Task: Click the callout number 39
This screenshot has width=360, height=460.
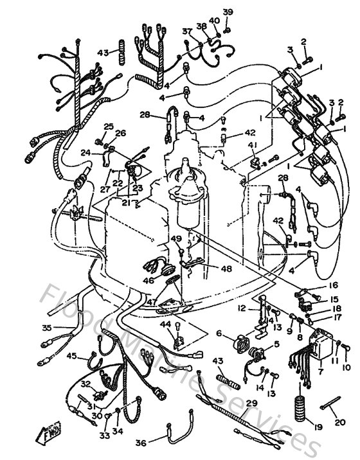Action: pos(228,12)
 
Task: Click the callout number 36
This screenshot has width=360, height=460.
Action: pos(141,443)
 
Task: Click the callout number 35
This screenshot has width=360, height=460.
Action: pos(46,328)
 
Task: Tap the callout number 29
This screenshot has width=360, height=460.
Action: pos(251,403)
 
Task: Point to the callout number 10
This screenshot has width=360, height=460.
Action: pos(347,367)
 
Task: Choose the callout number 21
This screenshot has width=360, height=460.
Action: pos(126,203)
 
